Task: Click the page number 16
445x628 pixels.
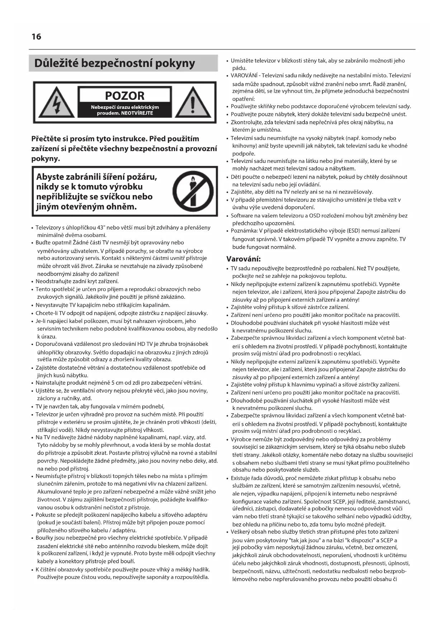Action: tap(36, 37)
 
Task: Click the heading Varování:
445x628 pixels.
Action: tap(243, 259)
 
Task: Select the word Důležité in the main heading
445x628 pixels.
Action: tap(56, 63)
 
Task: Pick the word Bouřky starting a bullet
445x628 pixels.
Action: tap(44, 538)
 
